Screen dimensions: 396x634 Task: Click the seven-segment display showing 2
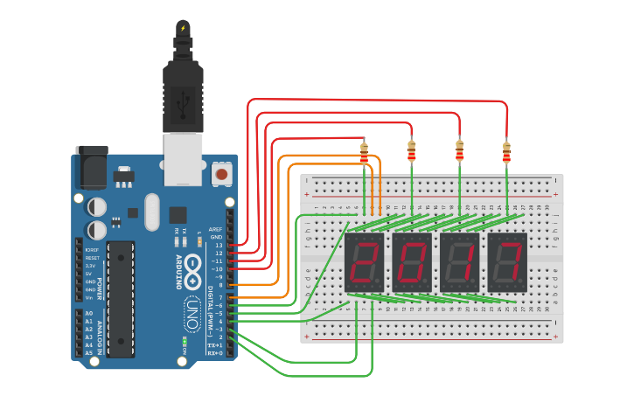click(364, 262)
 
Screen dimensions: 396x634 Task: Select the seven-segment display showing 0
click(411, 262)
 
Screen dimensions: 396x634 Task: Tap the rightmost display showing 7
click(507, 262)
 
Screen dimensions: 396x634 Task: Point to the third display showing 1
click(459, 262)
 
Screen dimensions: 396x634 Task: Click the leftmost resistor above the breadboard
click(365, 156)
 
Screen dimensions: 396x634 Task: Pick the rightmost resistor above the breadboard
click(505, 153)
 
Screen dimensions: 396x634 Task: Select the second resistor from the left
click(411, 153)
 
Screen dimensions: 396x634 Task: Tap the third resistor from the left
click(459, 153)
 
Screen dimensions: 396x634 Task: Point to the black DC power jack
click(90, 167)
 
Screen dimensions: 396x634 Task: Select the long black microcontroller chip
click(121, 298)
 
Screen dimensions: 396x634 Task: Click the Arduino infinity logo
click(192, 270)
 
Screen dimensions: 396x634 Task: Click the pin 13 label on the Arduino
click(219, 245)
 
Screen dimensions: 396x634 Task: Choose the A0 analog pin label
click(88, 313)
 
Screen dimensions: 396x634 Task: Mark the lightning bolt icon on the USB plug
click(183, 29)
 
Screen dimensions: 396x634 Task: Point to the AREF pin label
click(215, 229)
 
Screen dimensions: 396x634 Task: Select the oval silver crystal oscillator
click(152, 212)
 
